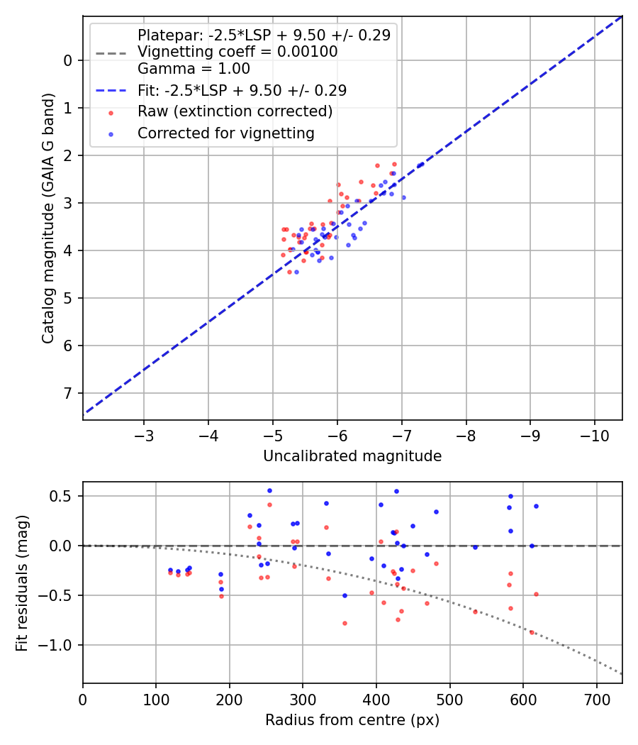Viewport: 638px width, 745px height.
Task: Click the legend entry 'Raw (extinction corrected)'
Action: click(x=235, y=112)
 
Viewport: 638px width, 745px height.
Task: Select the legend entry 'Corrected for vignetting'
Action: click(x=226, y=133)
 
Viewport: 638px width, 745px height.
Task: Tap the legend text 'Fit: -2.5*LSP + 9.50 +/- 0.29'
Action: click(x=242, y=91)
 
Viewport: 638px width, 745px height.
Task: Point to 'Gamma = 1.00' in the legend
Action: click(x=194, y=70)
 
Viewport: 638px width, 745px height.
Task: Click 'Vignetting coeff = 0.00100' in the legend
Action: click(x=237, y=52)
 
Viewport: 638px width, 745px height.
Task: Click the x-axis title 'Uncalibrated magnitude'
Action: click(x=352, y=456)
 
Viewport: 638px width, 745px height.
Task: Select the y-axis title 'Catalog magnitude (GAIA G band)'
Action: click(x=47, y=218)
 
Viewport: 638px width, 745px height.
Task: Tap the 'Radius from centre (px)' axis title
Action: click(x=352, y=720)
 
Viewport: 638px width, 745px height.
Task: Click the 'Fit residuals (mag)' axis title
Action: click(x=22, y=583)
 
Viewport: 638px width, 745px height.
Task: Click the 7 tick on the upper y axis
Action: click(x=69, y=393)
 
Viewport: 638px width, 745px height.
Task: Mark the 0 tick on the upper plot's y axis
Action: click(x=69, y=60)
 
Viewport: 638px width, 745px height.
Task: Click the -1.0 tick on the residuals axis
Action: click(x=61, y=645)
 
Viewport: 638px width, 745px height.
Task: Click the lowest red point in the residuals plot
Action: click(x=532, y=632)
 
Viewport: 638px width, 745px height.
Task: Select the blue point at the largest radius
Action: click(x=536, y=506)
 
